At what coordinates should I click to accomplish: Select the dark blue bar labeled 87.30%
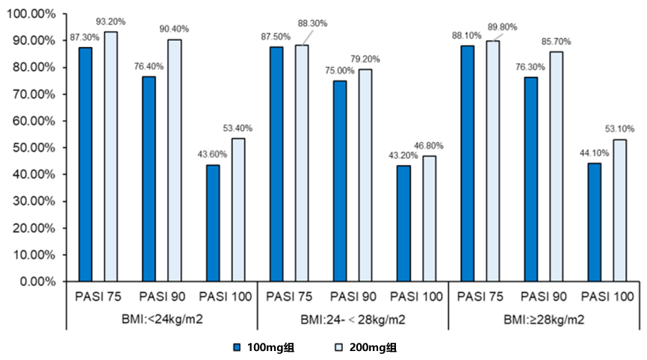coord(86,164)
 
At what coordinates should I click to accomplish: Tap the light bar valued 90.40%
coord(174,160)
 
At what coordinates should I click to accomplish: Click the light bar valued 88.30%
coord(302,163)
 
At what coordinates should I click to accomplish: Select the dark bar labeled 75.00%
coord(340,181)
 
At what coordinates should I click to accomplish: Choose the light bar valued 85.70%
coord(556,167)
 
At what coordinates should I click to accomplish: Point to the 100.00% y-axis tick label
coord(31,13)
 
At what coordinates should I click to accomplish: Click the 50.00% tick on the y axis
coord(34,148)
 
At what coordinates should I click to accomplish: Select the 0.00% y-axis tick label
coord(37,282)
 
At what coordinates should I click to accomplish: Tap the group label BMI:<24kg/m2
coord(162,320)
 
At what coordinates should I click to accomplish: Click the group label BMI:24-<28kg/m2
coord(353,320)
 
